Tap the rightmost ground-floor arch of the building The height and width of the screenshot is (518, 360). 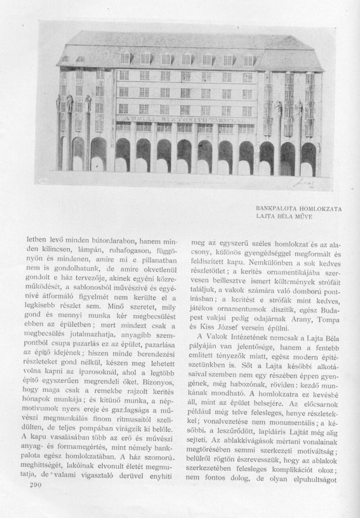(309, 159)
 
